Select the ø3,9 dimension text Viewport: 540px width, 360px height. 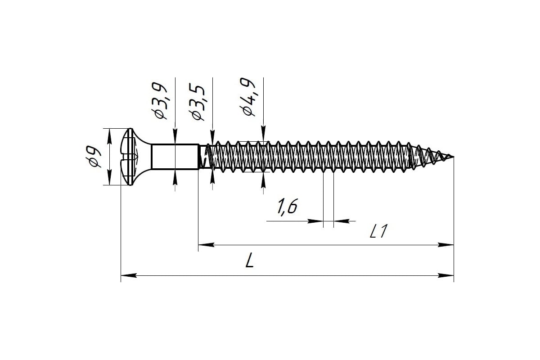[x=159, y=101]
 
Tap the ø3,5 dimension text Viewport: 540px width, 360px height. [x=197, y=102]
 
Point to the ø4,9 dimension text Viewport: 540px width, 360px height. [x=247, y=97]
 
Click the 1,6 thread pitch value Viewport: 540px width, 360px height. [x=287, y=207]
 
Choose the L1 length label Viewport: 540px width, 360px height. [x=379, y=231]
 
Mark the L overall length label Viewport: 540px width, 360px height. [x=250, y=260]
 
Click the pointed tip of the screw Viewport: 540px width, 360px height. [x=453, y=157]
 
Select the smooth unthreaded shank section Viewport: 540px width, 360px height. [x=175, y=157]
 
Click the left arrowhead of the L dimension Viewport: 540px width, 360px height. [x=129, y=275]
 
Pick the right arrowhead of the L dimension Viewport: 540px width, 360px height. [x=446, y=275]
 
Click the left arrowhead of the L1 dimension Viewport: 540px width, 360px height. [x=206, y=245]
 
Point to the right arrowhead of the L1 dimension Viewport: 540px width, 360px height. [x=446, y=245]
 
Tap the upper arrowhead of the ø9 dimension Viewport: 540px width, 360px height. [x=109, y=136]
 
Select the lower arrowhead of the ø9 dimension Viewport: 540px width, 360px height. [x=109, y=177]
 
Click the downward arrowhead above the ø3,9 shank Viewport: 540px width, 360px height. [x=175, y=136]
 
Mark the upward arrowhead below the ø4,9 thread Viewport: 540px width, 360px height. [x=263, y=180]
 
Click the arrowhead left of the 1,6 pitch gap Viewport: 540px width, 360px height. [x=315, y=221]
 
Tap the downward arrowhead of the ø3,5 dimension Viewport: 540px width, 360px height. [x=212, y=137]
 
